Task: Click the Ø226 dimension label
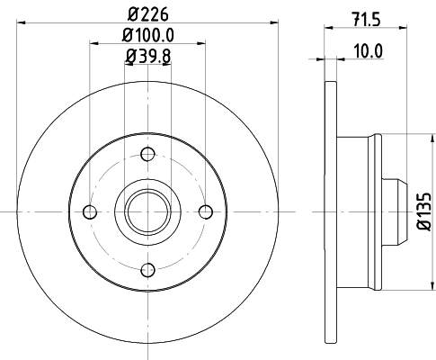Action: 148,13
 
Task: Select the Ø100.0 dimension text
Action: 148,37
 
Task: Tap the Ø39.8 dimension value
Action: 148,58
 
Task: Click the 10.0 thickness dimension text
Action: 366,51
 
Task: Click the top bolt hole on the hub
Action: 148,153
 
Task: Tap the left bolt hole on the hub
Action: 89,211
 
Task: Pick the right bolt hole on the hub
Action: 207,211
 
